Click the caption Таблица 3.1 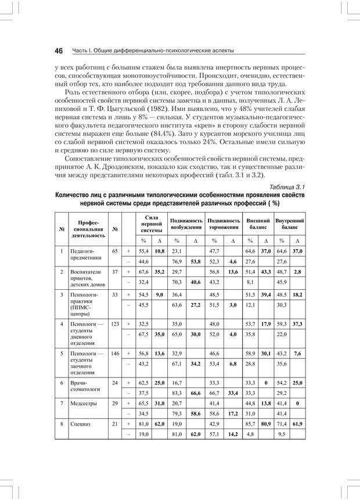(286, 186)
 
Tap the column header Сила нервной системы (152, 223)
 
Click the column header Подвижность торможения (224, 224)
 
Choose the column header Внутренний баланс (290, 224)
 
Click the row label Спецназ (81, 425)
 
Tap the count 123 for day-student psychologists (115, 323)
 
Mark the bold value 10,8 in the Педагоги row (160, 251)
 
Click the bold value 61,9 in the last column (298, 425)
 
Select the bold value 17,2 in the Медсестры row (232, 413)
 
